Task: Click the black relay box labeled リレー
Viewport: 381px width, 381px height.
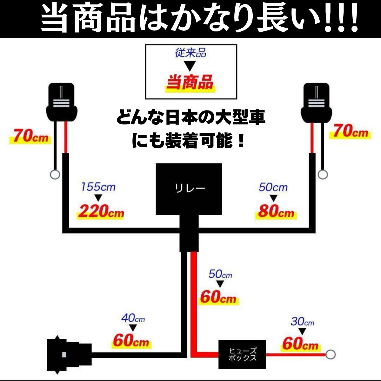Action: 189,189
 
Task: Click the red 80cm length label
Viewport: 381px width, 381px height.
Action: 276,211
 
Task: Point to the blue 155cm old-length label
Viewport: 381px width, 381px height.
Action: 98,187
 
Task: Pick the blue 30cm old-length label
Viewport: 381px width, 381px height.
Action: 302,322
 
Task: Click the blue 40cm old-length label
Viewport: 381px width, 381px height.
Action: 133,317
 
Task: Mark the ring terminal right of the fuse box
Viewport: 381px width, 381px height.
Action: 331,354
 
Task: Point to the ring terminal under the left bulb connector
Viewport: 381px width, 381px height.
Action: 55,175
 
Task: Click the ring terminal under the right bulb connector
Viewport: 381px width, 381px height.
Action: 323,174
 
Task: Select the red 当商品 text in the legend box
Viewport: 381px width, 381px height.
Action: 190,83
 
